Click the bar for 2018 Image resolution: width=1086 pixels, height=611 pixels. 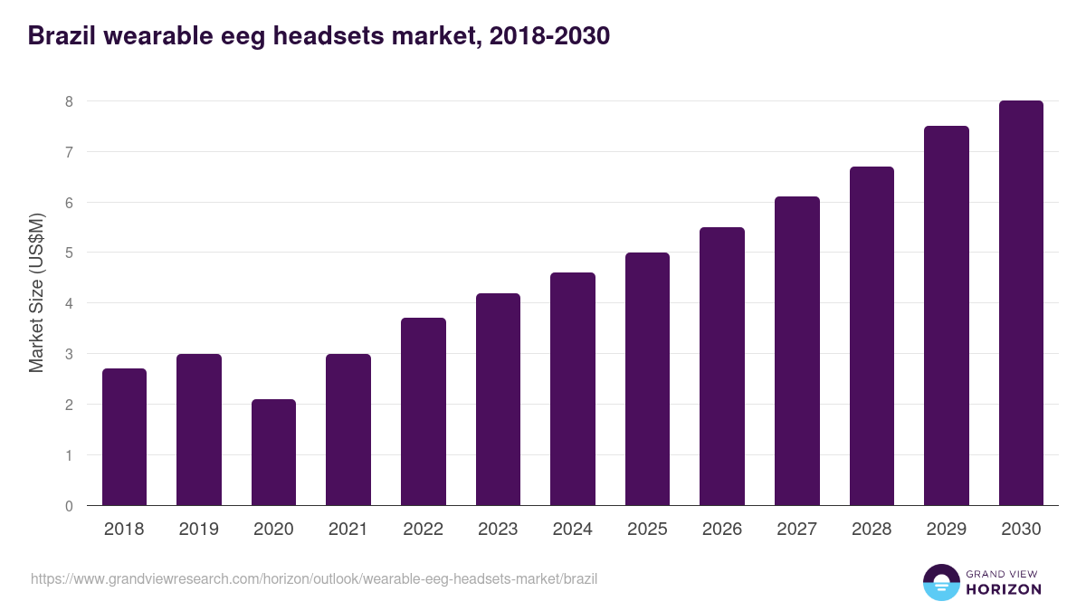[124, 437]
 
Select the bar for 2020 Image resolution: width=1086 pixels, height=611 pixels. [273, 453]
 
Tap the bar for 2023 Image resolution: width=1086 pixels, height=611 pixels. [498, 399]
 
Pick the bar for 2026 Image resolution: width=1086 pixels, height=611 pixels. [722, 367]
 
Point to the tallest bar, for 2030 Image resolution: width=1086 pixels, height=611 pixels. [1021, 303]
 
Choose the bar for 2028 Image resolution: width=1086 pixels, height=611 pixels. [872, 336]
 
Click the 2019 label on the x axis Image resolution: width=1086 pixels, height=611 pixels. [198, 530]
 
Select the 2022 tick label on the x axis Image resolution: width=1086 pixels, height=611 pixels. [423, 530]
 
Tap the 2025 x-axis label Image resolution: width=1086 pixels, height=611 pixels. [647, 530]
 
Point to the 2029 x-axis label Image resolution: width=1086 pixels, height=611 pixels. [946, 530]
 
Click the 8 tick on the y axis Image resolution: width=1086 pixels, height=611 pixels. [69, 101]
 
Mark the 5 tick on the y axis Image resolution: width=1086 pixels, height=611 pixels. [69, 253]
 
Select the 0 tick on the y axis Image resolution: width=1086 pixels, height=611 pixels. [69, 506]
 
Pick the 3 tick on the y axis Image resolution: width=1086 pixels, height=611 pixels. [69, 354]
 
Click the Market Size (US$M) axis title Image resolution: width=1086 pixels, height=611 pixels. [36, 291]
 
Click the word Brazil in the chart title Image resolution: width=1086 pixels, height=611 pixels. [61, 36]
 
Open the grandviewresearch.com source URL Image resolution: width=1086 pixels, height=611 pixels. [314, 578]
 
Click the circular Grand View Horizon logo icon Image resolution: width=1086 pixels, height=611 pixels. [940, 582]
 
